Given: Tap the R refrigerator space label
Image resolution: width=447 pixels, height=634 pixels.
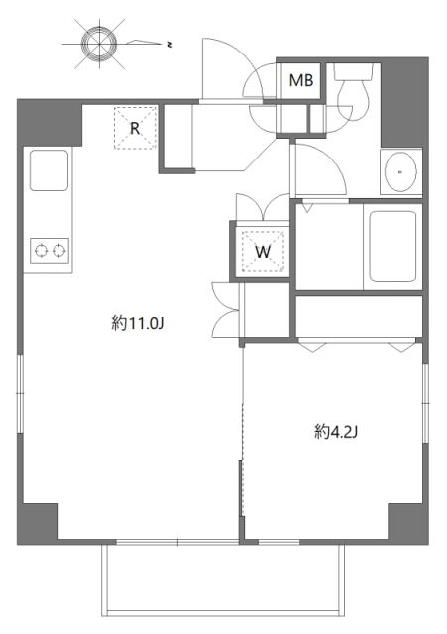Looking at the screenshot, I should point(135,127).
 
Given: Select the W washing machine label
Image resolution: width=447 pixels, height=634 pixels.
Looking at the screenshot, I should point(263,251).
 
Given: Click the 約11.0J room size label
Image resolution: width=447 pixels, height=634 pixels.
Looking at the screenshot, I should point(136,322).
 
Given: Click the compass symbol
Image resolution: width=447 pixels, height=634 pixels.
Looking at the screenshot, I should point(97,44).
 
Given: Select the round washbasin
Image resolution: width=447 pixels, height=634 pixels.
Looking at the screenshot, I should point(400,172).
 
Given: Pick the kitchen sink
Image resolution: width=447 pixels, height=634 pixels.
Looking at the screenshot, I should point(49,170).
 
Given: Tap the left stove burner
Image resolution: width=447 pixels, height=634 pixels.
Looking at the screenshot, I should point(41,249).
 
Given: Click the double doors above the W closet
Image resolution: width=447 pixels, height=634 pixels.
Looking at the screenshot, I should point(263,208).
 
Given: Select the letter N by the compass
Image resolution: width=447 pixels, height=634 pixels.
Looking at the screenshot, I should point(169,44).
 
